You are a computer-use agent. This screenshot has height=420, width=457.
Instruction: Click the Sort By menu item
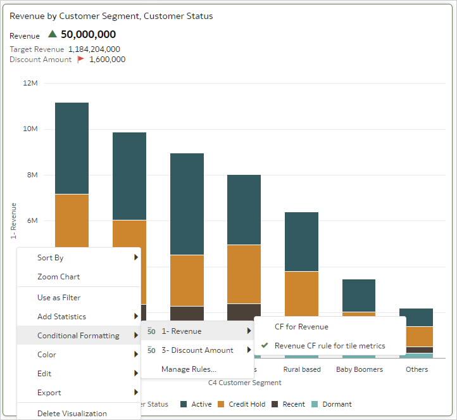point(51,258)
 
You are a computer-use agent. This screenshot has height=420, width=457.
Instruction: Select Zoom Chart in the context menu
point(58,277)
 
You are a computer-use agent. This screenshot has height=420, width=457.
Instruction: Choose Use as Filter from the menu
point(59,298)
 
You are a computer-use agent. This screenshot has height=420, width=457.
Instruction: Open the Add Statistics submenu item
point(61,317)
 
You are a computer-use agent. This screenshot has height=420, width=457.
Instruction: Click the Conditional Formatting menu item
point(78,336)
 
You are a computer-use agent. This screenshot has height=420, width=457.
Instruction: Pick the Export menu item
point(49,393)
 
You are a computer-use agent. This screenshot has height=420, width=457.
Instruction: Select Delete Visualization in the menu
point(72,413)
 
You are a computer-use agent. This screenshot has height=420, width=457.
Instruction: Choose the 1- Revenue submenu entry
point(181,331)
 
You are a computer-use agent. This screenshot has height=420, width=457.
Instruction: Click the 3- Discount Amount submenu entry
point(197,350)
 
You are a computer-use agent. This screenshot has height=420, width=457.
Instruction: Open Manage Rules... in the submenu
point(189,369)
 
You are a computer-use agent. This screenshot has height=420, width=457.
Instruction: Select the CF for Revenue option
point(301,327)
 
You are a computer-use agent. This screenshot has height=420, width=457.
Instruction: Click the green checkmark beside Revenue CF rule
point(265,346)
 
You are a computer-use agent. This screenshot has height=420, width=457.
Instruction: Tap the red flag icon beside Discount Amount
point(80,60)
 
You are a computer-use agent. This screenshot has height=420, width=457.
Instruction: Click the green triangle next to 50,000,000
point(53,35)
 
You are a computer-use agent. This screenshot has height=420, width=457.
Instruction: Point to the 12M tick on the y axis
point(30,83)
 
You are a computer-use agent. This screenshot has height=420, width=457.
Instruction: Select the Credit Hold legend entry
point(246,404)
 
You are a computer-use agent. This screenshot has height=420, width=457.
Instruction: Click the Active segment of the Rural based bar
point(301,241)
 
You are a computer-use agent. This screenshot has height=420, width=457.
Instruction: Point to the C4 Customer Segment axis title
point(244,383)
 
